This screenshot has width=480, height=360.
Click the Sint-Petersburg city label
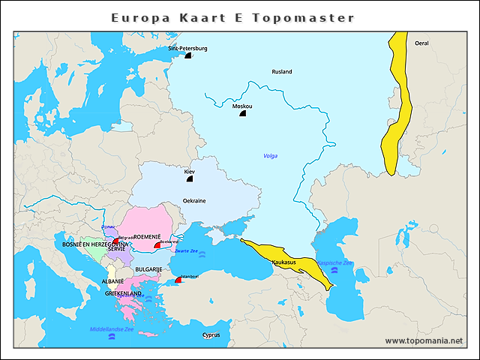tap(187, 48)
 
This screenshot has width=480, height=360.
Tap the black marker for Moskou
tap(242, 113)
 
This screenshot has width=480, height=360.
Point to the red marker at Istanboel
tap(178, 280)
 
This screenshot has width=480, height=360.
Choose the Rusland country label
tap(282, 72)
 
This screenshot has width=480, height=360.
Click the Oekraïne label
tap(194, 201)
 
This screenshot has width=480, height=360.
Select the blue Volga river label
tap(270, 156)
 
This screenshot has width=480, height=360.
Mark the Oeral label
tap(421, 43)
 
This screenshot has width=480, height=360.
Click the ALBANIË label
tap(112, 281)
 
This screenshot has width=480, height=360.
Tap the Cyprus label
tap(211, 335)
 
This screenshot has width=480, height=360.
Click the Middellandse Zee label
tap(112, 329)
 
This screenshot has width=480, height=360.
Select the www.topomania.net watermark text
tap(424, 340)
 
